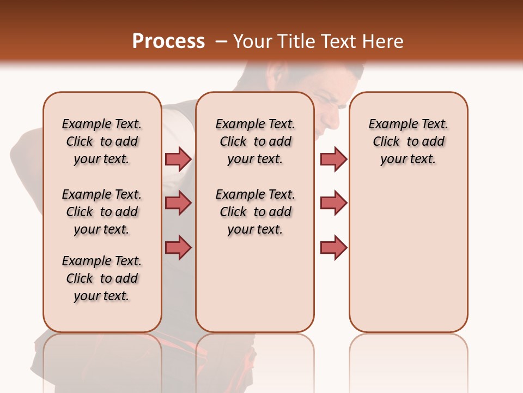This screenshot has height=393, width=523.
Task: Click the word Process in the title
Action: [x=168, y=41]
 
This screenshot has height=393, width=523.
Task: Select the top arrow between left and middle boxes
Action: [x=178, y=159]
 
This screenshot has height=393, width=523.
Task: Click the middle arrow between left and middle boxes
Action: [x=178, y=203]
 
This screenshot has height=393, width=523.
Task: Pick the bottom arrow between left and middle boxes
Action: [x=178, y=247]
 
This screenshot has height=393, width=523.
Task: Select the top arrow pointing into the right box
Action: [x=333, y=159]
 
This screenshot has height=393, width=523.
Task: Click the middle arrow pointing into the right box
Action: [x=333, y=203]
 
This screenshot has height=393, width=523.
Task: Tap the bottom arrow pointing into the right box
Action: [x=333, y=247]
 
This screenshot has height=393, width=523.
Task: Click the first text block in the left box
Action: [x=102, y=141]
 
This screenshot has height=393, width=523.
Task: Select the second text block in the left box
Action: [x=102, y=212]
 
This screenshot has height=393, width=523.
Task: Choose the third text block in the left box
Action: [x=102, y=278]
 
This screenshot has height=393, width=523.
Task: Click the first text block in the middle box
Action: [x=255, y=141]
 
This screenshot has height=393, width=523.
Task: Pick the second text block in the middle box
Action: [x=255, y=212]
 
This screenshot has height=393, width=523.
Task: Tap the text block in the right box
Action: [x=408, y=141]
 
